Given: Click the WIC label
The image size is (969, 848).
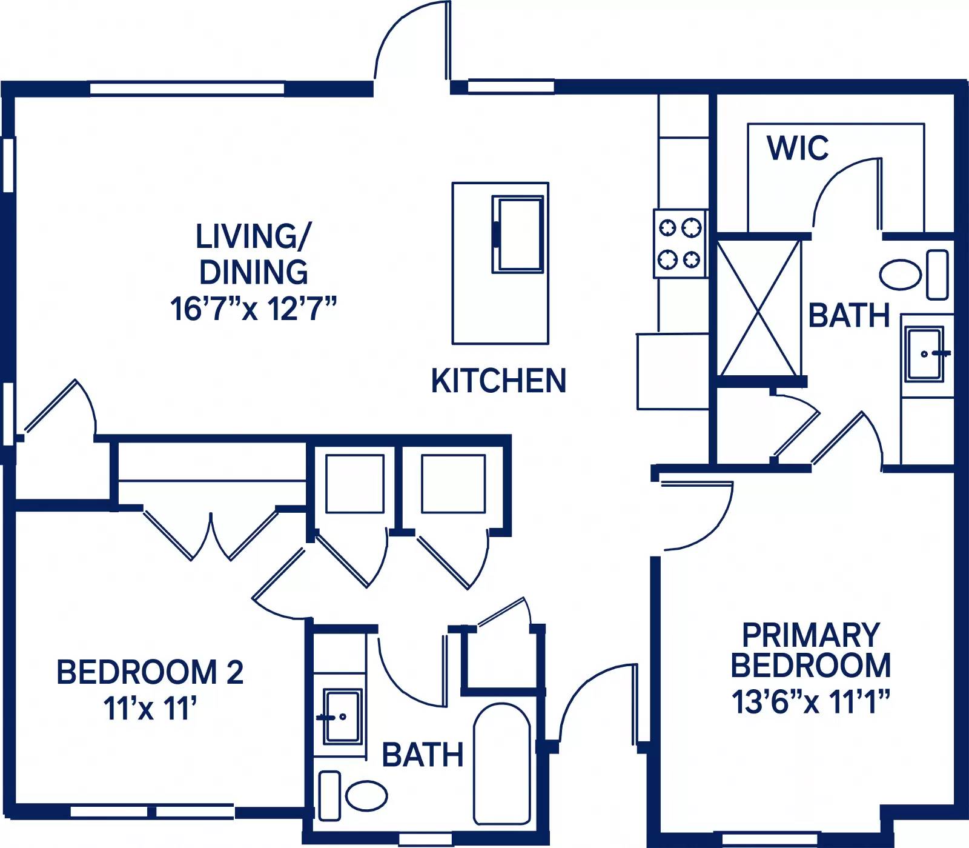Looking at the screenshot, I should point(797,148).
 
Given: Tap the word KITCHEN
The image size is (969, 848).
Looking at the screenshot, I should point(498,381).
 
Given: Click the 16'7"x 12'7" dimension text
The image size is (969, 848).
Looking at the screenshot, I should point(253,309).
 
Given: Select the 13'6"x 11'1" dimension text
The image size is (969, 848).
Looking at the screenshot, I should point(811,702).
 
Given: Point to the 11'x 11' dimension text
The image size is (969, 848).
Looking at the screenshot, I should point(150,708).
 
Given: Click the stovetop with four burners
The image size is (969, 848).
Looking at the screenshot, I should point(680,244).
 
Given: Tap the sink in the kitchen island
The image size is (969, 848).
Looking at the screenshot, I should point(518,234).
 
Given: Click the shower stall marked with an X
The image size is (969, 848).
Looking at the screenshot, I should point(759,307).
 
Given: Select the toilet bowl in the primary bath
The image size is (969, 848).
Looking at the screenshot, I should point(900,275).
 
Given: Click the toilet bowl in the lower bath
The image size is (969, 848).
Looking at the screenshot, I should point(366,795).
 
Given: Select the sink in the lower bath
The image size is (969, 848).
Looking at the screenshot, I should point(342,716).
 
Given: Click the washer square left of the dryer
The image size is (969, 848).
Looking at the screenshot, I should point(354,484).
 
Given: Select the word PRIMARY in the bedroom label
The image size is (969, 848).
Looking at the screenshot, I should point(811,635).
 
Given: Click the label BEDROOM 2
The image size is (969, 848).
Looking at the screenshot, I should point(150,672).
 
